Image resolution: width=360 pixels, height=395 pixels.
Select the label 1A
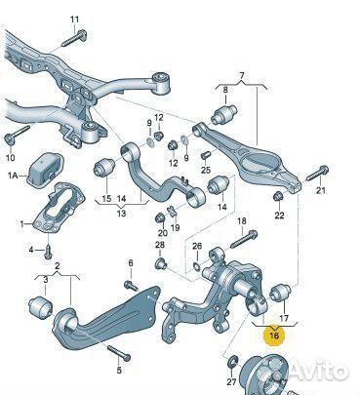(x=13, y=176)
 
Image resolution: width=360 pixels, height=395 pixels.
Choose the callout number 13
(x=121, y=212)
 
